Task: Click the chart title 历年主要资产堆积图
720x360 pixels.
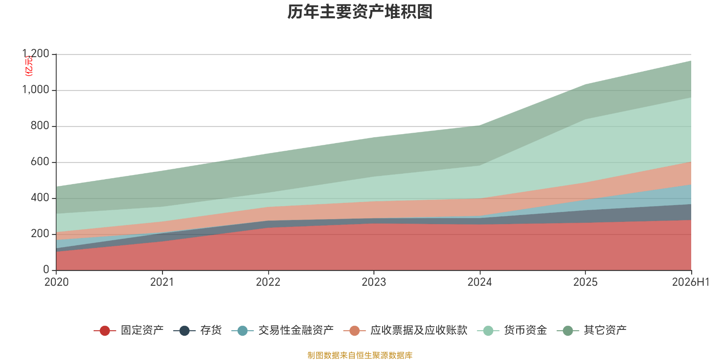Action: coord(360,12)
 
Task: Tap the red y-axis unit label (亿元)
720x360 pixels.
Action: coord(29,66)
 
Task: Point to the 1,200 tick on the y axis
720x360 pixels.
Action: coord(36,54)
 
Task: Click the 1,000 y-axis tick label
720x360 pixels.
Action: coord(36,90)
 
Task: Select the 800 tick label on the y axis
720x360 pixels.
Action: coord(40,126)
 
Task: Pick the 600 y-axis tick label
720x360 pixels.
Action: coord(40,162)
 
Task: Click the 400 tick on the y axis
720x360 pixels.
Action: coord(40,198)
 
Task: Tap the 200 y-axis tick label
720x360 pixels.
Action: coord(40,234)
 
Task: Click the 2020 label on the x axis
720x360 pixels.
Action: coord(57,282)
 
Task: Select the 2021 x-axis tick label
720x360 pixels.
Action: coord(162,282)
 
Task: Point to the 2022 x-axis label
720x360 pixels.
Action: coord(268,282)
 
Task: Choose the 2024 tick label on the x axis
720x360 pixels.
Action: coord(480,282)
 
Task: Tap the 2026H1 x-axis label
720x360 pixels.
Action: coord(691,282)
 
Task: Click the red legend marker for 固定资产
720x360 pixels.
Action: coord(105,330)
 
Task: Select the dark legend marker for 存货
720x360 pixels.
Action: coord(184,330)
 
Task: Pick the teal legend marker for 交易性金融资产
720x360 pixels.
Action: coord(243,330)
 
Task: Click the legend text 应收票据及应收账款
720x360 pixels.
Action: coord(419,330)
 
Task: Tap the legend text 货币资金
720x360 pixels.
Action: coord(526,330)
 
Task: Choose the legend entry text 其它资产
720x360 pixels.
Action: coord(605,330)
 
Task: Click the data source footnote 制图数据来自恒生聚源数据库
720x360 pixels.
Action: coord(360,355)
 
